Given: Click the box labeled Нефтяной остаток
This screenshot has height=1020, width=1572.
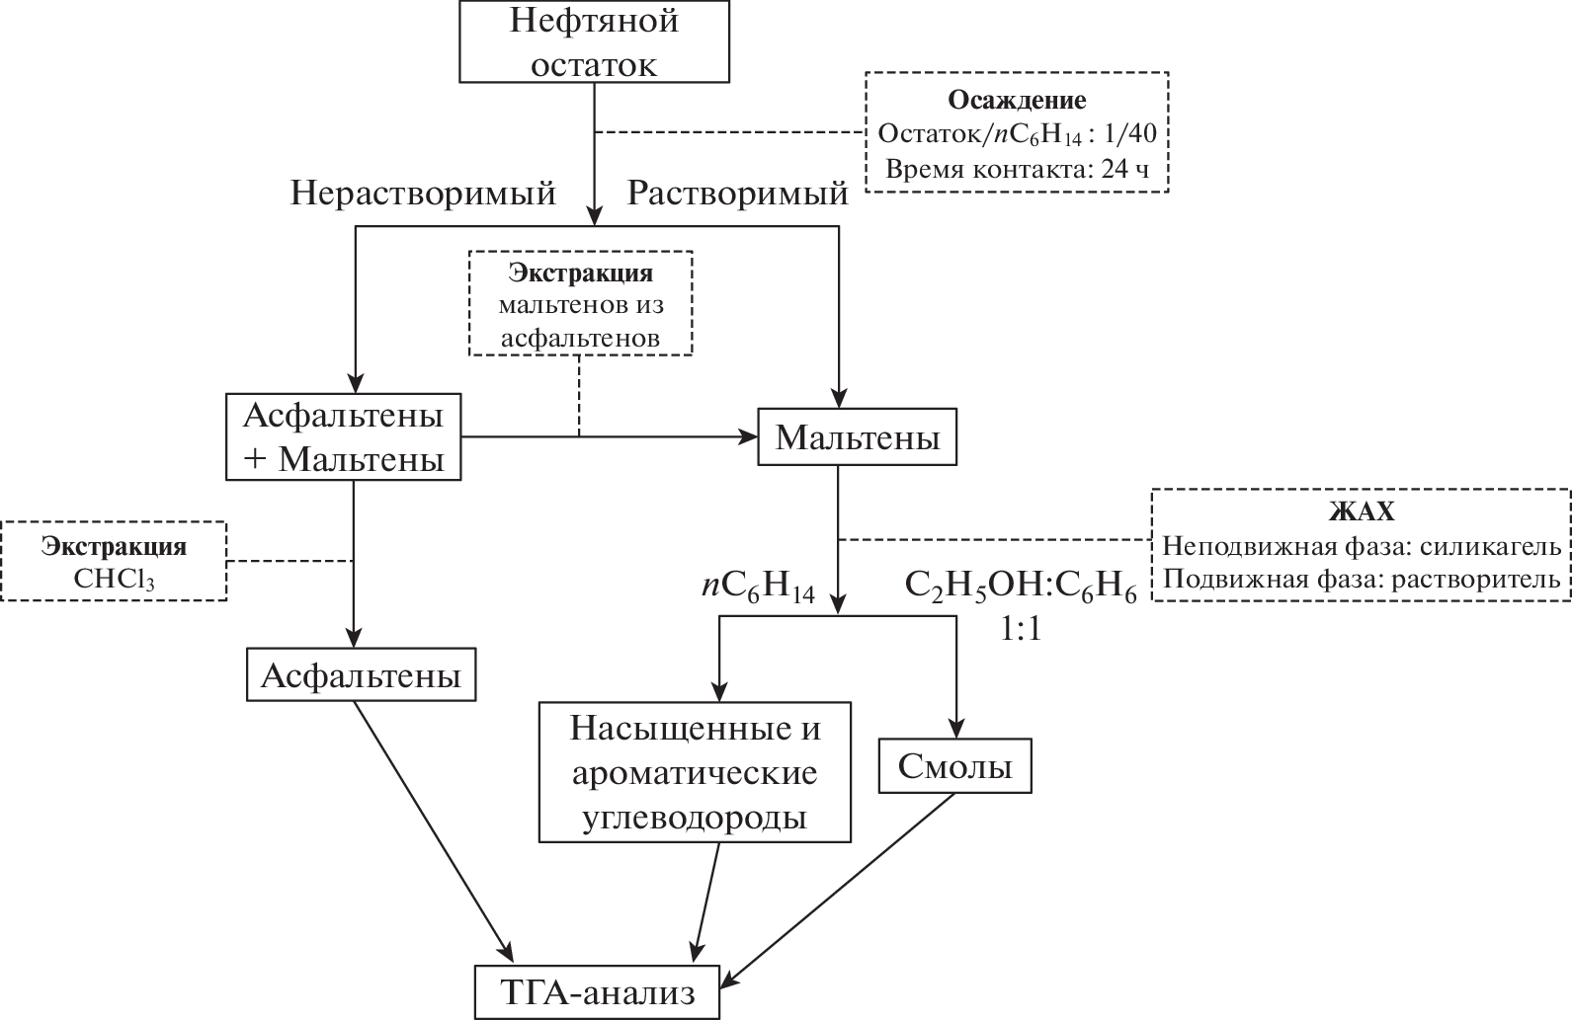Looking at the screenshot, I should coord(594,41).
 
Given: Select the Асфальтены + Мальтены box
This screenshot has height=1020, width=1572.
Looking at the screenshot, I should coord(343,437).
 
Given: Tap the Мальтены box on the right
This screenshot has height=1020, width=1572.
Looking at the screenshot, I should coord(857,436).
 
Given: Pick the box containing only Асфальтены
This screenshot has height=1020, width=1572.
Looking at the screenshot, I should coord(361,675).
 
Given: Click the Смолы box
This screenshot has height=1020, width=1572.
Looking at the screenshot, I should coord(954,765).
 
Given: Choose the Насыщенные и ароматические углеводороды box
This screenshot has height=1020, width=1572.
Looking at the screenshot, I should coord(695,772).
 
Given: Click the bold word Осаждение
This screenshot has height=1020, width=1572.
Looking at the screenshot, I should coord(1017,100).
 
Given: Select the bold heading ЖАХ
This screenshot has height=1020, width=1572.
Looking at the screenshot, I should coord(1361,513).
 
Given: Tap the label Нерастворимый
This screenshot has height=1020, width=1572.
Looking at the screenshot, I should coord(423,193).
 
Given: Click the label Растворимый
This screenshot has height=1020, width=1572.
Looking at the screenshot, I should coord(738,193).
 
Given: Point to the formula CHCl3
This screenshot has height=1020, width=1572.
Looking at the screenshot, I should coord(113,577).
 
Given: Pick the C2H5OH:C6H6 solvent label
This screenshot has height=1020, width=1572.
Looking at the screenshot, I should coord(1021,588).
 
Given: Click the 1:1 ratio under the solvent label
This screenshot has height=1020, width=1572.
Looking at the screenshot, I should coord(1021,630).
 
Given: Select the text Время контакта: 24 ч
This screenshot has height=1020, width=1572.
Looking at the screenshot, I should coord(1018,167).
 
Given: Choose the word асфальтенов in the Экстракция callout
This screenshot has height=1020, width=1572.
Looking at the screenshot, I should coord(580,337).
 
